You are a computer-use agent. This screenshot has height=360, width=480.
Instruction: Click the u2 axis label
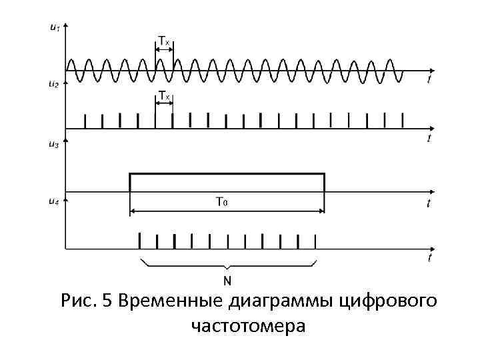pos(54,84)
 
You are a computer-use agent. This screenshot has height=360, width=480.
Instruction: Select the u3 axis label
pos(54,145)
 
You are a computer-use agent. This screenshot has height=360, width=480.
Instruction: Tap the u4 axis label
pos(54,201)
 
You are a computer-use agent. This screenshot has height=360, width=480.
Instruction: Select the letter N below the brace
pos(227,281)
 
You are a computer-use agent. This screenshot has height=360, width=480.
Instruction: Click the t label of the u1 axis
pos(429,79)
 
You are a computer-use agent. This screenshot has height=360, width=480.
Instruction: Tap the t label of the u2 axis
pos(429,138)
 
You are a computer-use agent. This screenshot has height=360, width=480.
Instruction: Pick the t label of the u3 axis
pos(429,203)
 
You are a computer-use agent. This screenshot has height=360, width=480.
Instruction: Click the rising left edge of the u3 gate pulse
pos(130,183)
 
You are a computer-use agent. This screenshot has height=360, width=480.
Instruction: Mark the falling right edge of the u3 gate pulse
pos(325,183)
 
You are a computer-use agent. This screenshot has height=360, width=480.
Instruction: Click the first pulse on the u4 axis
pos(139,240)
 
